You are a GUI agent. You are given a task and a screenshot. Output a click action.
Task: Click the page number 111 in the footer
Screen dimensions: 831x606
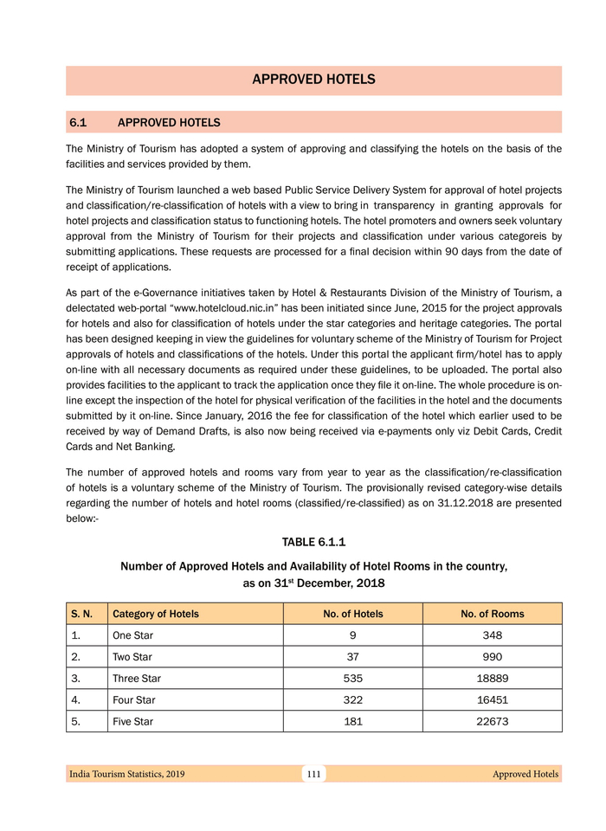tap(313, 774)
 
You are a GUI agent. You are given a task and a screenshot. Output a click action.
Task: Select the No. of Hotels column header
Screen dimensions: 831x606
tap(352, 614)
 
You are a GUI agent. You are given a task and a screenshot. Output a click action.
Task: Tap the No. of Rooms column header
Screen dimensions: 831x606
tap(492, 614)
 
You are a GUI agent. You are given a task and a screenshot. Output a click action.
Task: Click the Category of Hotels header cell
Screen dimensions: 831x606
tap(156, 614)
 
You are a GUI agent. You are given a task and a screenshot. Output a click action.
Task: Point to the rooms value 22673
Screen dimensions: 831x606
tap(492, 721)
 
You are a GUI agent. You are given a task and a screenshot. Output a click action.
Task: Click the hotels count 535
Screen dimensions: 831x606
tap(352, 678)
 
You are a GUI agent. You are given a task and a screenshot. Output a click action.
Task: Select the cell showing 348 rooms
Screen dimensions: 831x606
tap(492, 635)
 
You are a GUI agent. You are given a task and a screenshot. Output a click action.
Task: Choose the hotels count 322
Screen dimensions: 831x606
tap(352, 699)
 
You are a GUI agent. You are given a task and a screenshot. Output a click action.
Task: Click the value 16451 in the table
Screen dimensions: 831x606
tap(492, 699)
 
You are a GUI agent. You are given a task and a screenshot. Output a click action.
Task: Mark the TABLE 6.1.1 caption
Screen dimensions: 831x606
tap(313, 543)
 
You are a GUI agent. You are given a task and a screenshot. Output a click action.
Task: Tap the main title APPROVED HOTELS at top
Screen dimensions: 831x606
tap(313, 80)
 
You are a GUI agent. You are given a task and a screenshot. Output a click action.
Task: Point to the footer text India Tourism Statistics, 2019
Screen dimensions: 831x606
tap(126, 774)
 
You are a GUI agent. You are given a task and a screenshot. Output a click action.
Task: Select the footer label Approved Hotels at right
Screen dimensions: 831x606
tap(525, 774)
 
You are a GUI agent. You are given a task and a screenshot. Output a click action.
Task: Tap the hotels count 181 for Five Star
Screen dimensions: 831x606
tap(352, 721)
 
